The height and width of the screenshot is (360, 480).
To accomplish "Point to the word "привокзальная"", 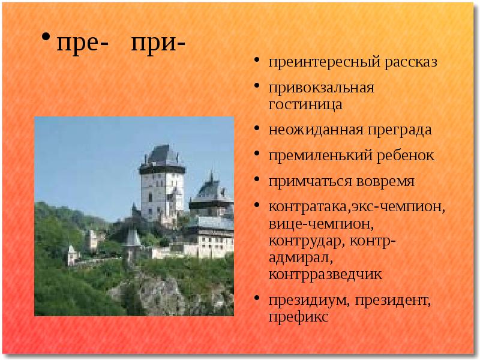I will (321, 88).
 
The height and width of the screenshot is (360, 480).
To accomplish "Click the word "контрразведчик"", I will (325, 274).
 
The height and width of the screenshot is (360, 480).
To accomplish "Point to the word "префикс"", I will (298, 316).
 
